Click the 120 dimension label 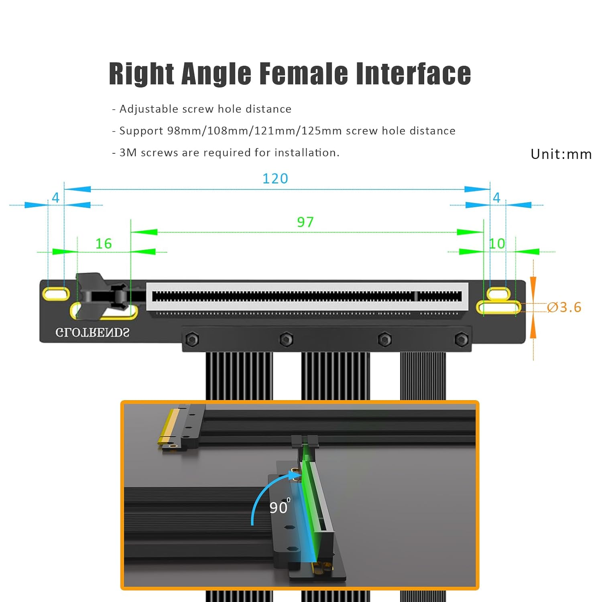[275, 179]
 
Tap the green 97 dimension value [305, 222]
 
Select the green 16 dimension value [104, 244]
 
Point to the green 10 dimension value [497, 244]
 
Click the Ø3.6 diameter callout [564, 307]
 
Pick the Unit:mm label [561, 154]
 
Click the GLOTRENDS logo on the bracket [92, 333]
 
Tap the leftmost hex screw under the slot [192, 340]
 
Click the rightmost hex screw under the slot [461, 340]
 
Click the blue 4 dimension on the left [56, 197]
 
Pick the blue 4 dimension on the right [497, 197]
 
